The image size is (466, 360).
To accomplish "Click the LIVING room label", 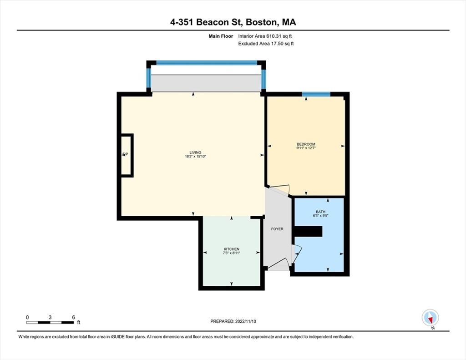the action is pyautogui.click(x=195, y=152).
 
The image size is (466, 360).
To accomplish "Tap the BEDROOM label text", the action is pyautogui.click(x=306, y=144).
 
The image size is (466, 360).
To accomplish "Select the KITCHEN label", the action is pyautogui.click(x=232, y=249).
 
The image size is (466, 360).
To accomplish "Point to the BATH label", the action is pyautogui.click(x=321, y=212).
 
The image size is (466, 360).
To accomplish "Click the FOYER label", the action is pyautogui.click(x=277, y=229).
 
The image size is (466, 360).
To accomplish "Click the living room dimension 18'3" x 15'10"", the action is pyautogui.click(x=195, y=157).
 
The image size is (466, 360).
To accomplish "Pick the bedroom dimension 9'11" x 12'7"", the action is pyautogui.click(x=306, y=148).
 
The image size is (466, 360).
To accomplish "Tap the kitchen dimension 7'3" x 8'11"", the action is pyautogui.click(x=232, y=253).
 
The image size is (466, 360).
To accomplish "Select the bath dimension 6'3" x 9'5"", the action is pyautogui.click(x=321, y=216).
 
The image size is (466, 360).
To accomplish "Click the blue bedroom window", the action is pyautogui.click(x=316, y=94).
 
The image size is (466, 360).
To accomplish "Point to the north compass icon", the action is pyautogui.click(x=431, y=318).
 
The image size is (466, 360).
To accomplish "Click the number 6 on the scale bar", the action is pyautogui.click(x=73, y=317).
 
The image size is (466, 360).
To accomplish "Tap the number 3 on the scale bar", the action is pyautogui.click(x=50, y=317).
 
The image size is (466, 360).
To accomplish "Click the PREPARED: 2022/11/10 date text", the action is pyautogui.click(x=233, y=321).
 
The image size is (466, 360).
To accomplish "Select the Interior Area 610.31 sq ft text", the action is pyautogui.click(x=265, y=36).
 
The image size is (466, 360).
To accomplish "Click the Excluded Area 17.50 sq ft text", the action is pyautogui.click(x=266, y=44).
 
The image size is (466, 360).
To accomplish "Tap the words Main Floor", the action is pyautogui.click(x=221, y=36).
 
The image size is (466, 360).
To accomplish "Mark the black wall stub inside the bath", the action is pyautogui.click(x=308, y=232).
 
